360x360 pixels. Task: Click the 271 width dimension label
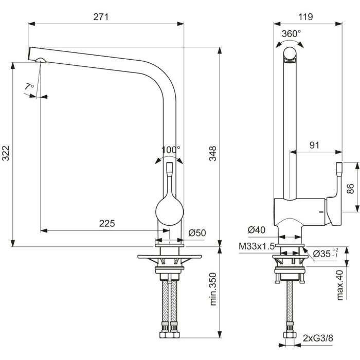coord(101,17)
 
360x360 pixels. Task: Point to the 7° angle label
coord(29,87)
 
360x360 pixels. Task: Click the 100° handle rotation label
coord(171,150)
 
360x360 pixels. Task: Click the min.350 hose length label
coord(213,289)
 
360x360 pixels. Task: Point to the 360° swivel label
coord(292,33)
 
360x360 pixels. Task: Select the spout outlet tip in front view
coord(40,61)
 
